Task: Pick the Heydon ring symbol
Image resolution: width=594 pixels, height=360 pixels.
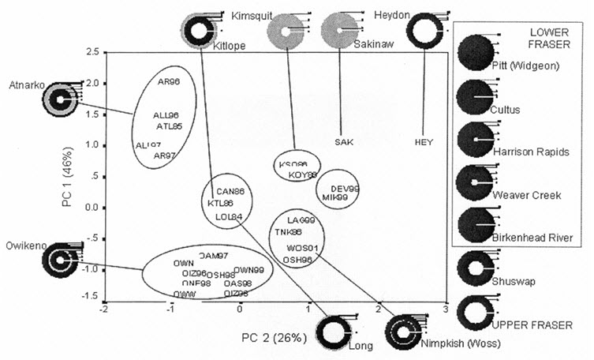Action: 424,32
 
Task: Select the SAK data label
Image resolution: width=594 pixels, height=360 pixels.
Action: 343,142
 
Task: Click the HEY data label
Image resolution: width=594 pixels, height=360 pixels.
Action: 424,142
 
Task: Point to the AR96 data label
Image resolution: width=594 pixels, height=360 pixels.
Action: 169,81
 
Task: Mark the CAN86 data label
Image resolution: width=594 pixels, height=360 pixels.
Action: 230,191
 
